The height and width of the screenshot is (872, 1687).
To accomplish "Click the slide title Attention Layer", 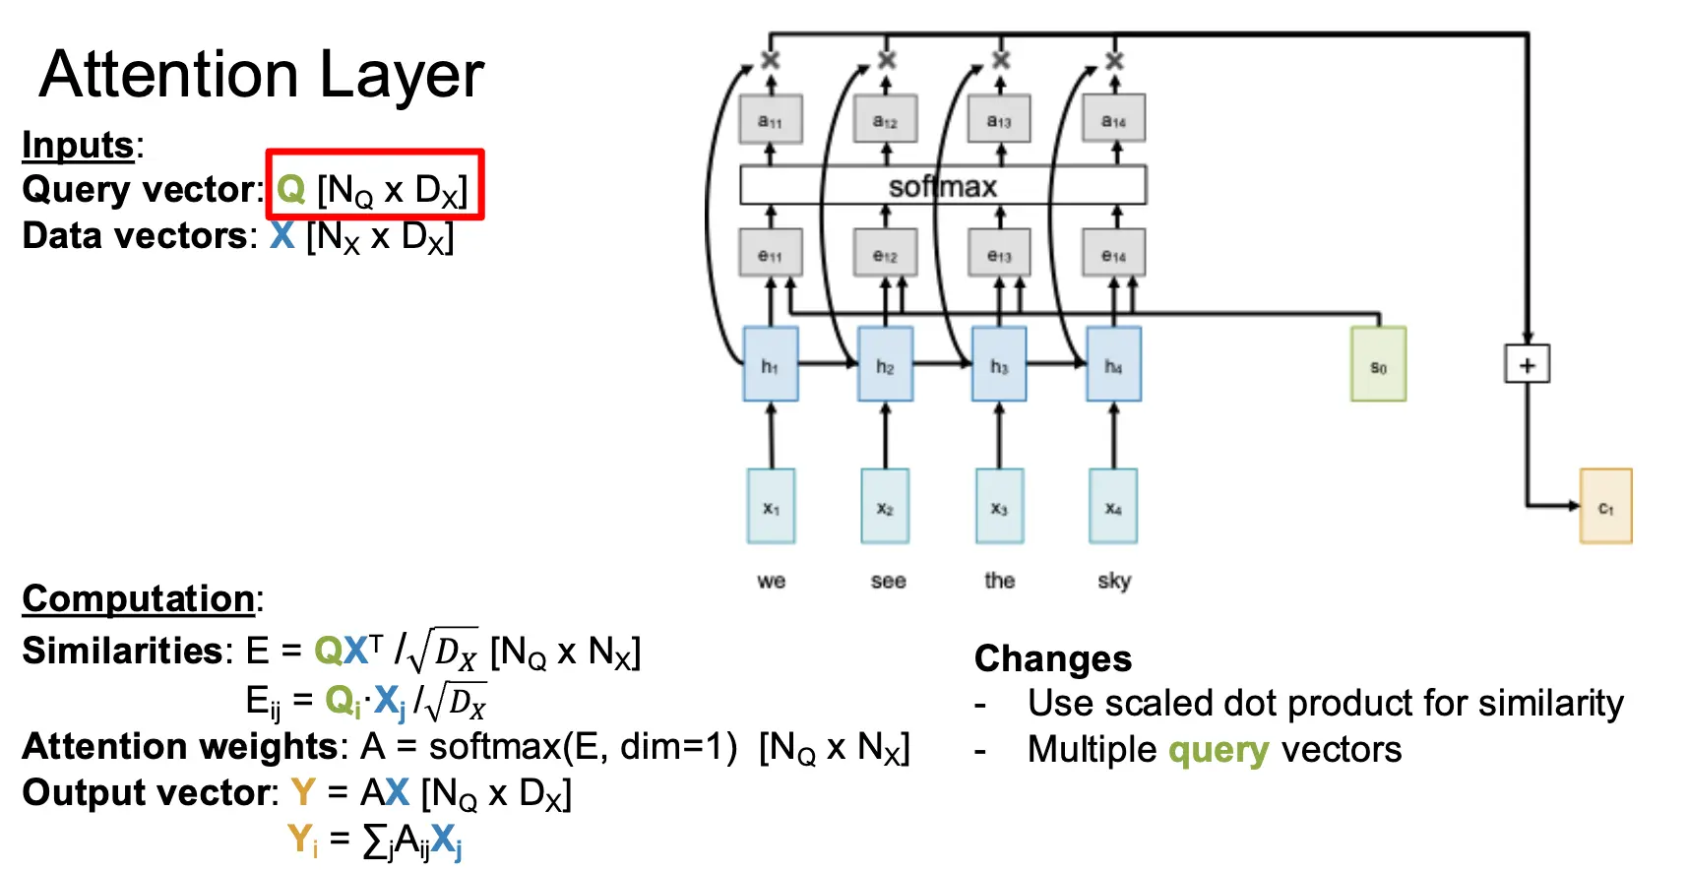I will (x=262, y=75).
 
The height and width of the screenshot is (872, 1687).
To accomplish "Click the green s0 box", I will (x=1378, y=364).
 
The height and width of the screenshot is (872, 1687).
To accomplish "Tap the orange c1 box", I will (x=1605, y=506).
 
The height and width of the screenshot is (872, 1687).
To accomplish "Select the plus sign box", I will (x=1527, y=364).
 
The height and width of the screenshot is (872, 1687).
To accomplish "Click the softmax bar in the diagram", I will (x=943, y=185).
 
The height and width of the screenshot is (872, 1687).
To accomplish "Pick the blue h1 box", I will (x=771, y=364).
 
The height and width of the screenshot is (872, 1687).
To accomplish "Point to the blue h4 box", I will (x=1113, y=364).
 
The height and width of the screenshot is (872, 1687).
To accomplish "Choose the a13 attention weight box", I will (x=999, y=119).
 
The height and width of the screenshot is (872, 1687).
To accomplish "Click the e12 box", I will (x=885, y=253).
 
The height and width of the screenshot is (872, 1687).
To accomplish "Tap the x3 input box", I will (x=999, y=506).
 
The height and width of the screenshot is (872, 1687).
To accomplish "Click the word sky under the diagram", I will (x=1114, y=581).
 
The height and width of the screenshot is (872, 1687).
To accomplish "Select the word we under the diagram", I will (x=772, y=581).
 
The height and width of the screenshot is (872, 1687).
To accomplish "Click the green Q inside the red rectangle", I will (x=291, y=188).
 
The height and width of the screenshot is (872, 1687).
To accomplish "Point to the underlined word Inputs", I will (x=78, y=145).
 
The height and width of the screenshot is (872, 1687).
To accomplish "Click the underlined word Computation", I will (x=139, y=598).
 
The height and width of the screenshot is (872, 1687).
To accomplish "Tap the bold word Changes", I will (x=1053, y=658).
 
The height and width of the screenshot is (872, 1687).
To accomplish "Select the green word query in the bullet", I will (x=1218, y=750).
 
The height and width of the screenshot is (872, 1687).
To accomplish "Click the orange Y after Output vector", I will (x=303, y=792).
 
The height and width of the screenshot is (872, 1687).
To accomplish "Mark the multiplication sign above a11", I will (x=771, y=60).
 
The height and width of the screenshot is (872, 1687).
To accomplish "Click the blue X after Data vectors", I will (x=282, y=235).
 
